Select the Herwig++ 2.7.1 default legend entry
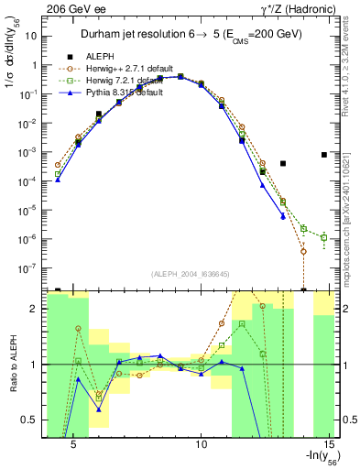120,70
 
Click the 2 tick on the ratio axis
35,309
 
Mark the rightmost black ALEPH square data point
324,155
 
